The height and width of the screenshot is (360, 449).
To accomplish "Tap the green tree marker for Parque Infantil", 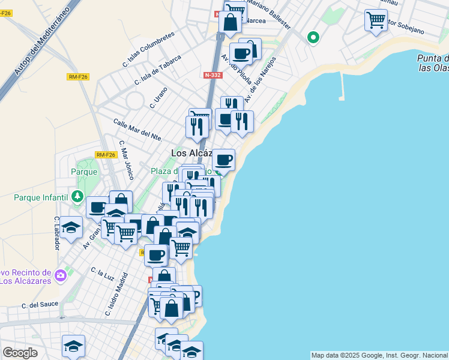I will coord(77,196).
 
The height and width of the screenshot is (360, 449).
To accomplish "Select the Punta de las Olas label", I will coord(433,63).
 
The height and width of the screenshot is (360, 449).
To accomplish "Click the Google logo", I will coord(20,353).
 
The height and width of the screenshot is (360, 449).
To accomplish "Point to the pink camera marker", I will coord(60,276).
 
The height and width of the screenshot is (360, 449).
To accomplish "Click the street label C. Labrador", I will coord(58,233).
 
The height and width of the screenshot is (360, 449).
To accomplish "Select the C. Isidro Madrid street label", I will coord(118,294).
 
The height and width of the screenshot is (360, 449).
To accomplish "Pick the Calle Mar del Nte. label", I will coord(138,130).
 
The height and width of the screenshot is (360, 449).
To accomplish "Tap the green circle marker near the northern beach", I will coord(312,38).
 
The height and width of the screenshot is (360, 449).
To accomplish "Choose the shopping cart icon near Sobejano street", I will coord(376,20).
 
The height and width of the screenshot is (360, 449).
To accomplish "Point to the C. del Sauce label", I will coord(40,305).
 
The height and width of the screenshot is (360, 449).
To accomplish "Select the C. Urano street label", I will coord(158,97).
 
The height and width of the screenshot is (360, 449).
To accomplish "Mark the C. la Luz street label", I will coord(103,274).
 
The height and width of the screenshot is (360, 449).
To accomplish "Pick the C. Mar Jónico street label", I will coord(126,160).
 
